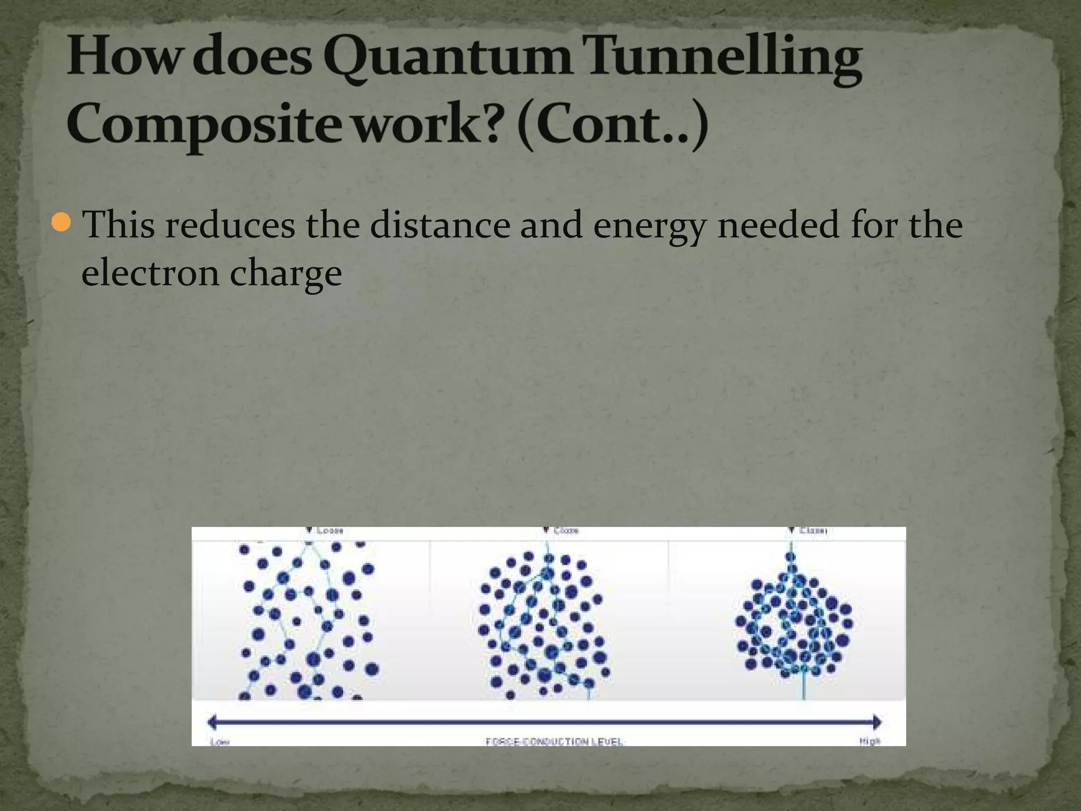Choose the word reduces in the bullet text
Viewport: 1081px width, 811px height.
tap(230, 225)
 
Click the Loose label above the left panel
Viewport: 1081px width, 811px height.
tap(330, 530)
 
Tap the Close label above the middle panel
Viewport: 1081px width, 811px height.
tap(566, 530)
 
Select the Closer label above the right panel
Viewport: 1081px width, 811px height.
tap(813, 530)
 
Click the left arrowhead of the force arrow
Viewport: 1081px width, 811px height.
tap(213, 722)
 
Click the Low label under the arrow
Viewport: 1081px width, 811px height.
tap(220, 742)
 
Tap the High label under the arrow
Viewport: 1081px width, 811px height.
tap(870, 741)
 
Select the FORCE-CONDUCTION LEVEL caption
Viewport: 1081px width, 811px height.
tap(554, 742)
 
